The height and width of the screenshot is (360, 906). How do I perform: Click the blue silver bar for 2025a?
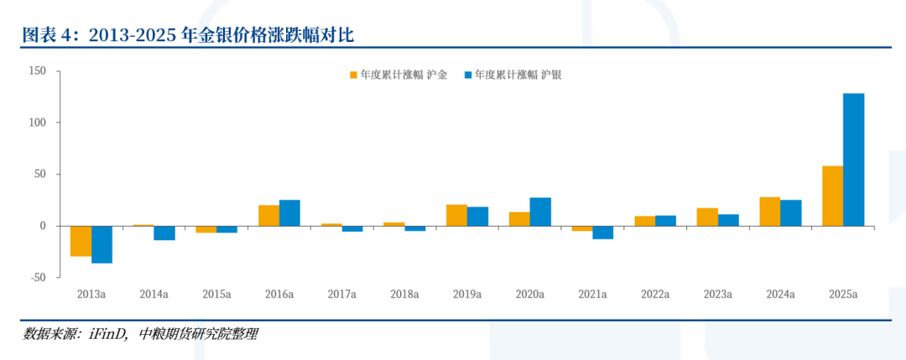tap(853, 159)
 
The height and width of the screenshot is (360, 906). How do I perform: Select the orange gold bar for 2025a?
tap(832, 196)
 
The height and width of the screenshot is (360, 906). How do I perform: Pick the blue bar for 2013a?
tap(102, 244)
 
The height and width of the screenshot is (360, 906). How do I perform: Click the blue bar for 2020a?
tap(540, 211)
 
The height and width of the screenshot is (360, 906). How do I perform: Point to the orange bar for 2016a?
tap(268, 215)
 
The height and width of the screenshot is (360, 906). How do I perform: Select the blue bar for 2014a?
tap(164, 232)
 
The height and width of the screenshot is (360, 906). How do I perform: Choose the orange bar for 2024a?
tap(769, 211)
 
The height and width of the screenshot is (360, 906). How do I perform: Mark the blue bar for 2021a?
tap(602, 232)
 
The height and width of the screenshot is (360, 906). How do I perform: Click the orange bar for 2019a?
tap(456, 215)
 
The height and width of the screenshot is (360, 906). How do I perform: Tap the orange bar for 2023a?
tap(707, 217)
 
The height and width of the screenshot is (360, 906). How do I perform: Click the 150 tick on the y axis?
tap(37, 71)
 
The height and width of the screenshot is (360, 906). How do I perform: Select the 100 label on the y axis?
tap(37, 123)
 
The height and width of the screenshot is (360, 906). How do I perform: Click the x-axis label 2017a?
tap(341, 295)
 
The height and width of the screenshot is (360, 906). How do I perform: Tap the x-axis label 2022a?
tap(655, 295)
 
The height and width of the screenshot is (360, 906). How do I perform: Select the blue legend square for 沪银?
tap(467, 75)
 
